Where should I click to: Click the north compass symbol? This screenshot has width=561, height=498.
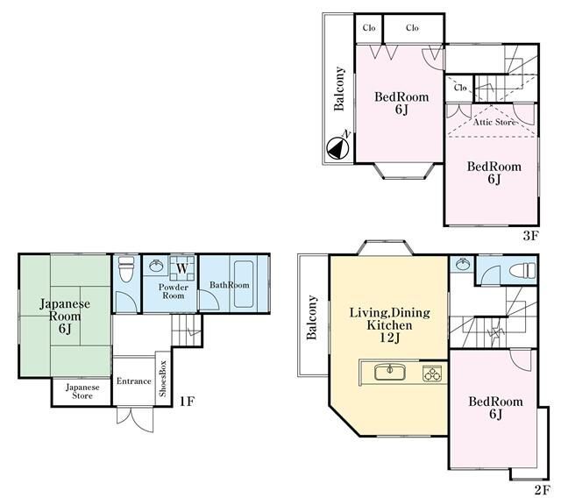338,147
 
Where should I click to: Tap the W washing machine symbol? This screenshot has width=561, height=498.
182,268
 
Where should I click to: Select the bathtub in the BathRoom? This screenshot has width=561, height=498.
244,284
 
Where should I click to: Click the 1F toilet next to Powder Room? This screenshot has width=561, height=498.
125,268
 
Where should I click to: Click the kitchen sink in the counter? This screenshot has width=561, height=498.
390,372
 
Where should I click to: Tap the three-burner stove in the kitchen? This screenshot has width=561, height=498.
432,373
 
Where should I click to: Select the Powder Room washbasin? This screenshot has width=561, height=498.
156,266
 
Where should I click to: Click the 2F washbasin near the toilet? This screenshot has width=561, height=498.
462,265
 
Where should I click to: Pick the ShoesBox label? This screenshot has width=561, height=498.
163,379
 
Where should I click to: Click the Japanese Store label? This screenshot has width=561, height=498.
82,391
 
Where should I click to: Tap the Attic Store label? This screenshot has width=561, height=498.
494,122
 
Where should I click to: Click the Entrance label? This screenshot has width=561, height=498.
134,381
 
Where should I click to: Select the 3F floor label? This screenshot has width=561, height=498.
530,236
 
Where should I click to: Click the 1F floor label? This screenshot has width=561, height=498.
187,401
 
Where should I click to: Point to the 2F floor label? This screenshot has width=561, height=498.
542,490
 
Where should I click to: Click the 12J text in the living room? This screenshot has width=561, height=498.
389,338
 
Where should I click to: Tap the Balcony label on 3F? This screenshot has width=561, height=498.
339,89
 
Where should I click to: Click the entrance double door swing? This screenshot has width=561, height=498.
135,418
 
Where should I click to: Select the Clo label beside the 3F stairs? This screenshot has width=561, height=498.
460,88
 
